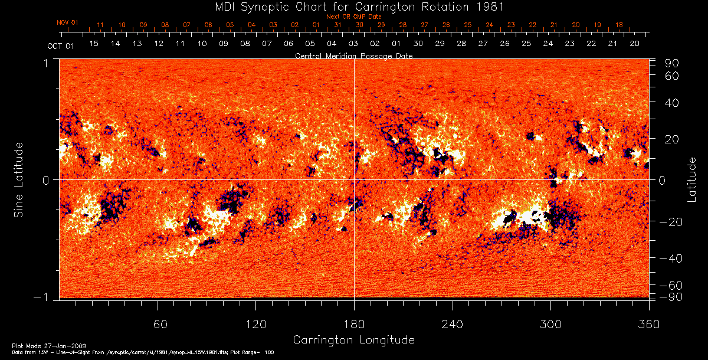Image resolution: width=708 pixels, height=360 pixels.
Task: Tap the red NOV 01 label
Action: pyautogui.click(x=67, y=22)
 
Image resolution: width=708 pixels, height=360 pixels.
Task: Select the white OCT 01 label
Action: pyautogui.click(x=61, y=45)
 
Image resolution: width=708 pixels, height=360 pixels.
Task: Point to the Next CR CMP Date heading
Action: pyautogui.click(x=353, y=17)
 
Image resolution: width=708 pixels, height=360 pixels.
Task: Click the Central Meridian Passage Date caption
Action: pyautogui.click(x=353, y=55)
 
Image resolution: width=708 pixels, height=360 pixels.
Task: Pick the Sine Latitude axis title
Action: pyautogui.click(x=19, y=179)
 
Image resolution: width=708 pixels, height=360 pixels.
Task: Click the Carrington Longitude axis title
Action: pyautogui.click(x=353, y=340)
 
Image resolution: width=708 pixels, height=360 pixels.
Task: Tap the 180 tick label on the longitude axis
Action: pyautogui.click(x=354, y=324)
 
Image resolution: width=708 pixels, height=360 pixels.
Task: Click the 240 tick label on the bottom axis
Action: pyautogui.click(x=453, y=324)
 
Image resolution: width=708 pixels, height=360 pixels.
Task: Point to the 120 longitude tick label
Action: pyautogui.click(x=255, y=324)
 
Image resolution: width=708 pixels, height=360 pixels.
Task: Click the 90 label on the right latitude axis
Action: pyautogui.click(x=673, y=63)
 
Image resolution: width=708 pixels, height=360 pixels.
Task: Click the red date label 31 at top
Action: pyautogui.click(x=337, y=25)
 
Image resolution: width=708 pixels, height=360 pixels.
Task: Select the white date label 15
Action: pyautogui.click(x=94, y=44)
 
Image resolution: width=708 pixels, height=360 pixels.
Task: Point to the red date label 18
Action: pyautogui.click(x=619, y=25)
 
